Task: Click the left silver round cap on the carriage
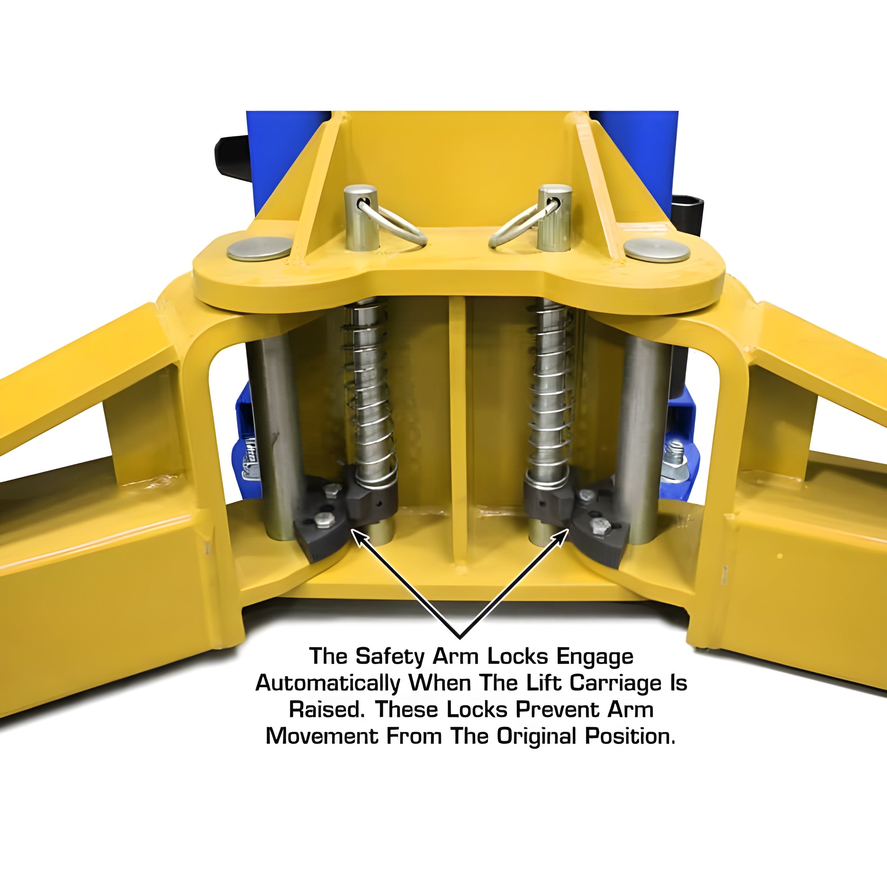click(x=260, y=249)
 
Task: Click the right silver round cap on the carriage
click(x=657, y=251)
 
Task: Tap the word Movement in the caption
click(x=322, y=736)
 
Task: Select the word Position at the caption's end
click(x=630, y=736)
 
